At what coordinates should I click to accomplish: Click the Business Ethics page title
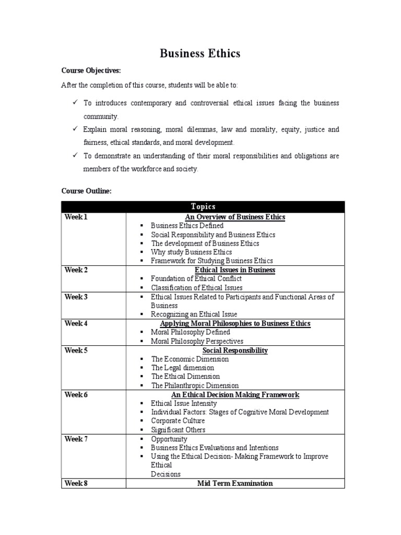click(200, 53)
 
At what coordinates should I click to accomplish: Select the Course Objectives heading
click(91, 71)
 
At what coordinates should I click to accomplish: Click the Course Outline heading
click(86, 191)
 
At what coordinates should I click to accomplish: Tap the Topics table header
click(203, 206)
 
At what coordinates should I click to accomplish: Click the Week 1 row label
click(76, 217)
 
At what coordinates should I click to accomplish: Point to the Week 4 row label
click(76, 323)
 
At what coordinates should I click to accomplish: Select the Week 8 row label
click(76, 483)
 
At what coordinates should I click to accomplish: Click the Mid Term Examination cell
click(235, 483)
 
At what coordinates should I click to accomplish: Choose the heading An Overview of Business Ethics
click(235, 217)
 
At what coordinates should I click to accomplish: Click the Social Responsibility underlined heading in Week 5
click(235, 350)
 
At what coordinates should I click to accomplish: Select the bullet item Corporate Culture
click(178, 421)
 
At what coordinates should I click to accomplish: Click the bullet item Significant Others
click(178, 430)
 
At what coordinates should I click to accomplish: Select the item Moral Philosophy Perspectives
click(197, 341)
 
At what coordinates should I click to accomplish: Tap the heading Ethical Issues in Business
click(235, 270)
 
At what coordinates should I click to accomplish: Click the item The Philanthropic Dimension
click(195, 386)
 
